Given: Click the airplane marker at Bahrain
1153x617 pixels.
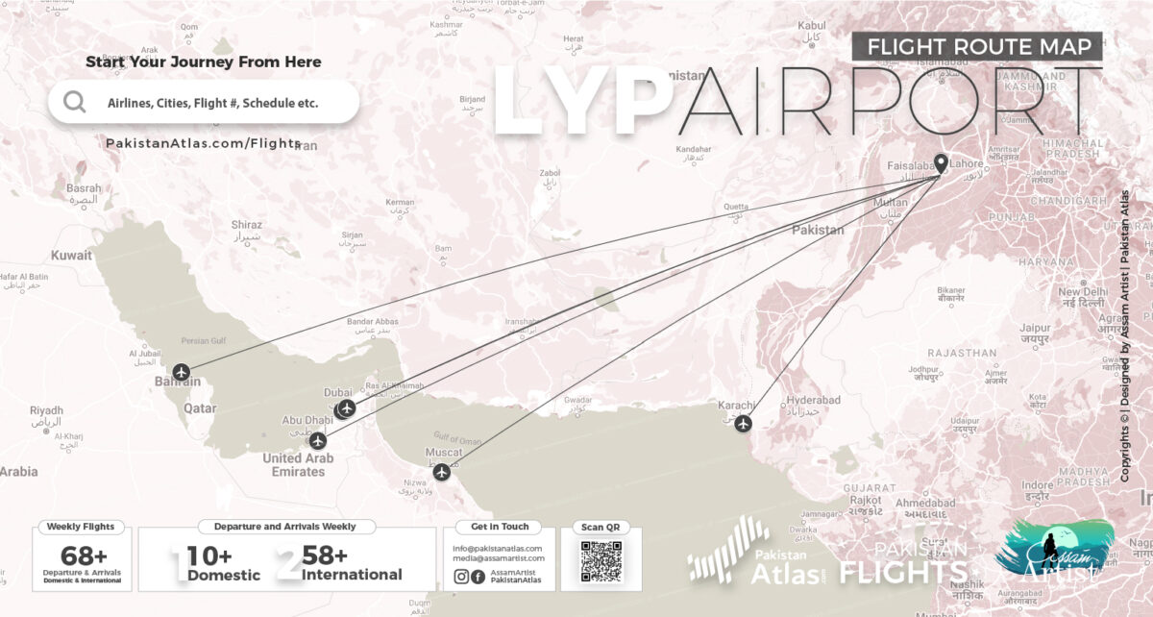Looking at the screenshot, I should pyautogui.click(x=183, y=372).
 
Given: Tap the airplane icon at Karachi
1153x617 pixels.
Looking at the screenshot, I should pyautogui.click(x=742, y=423).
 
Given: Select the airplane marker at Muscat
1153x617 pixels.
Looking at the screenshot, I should pyautogui.click(x=441, y=472).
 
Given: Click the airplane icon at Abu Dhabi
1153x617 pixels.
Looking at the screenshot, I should pyautogui.click(x=317, y=441).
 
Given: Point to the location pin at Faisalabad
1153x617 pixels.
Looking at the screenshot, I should pyautogui.click(x=941, y=165).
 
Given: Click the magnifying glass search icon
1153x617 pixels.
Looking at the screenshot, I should pyautogui.click(x=75, y=102).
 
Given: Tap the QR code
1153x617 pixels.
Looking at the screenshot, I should pyautogui.click(x=601, y=561).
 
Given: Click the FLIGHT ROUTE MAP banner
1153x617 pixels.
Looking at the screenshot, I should pyautogui.click(x=976, y=46).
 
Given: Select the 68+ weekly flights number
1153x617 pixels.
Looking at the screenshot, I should pyautogui.click(x=84, y=555).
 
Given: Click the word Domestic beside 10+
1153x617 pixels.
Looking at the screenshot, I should pyautogui.click(x=223, y=575).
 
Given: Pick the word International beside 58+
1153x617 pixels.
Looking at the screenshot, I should pyautogui.click(x=352, y=575).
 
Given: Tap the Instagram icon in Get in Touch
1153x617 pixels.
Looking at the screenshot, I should pyautogui.click(x=461, y=577).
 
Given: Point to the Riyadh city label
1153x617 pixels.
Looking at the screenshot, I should pyautogui.click(x=46, y=409).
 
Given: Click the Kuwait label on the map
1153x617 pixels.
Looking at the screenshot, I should pyautogui.click(x=72, y=256).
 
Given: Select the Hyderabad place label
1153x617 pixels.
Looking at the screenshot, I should pyautogui.click(x=813, y=400).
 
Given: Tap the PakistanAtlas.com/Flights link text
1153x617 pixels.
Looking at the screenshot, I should pyautogui.click(x=203, y=143).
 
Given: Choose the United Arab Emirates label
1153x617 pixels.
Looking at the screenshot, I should pyautogui.click(x=298, y=465).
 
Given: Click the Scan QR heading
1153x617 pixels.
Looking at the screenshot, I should pyautogui.click(x=601, y=527).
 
